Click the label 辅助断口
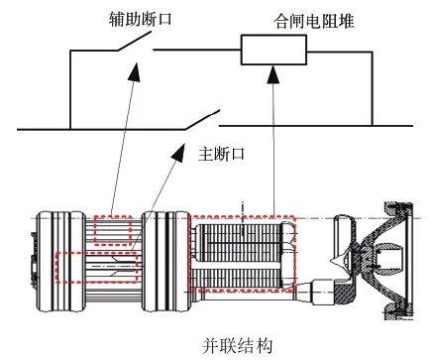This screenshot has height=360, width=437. tap(140, 19)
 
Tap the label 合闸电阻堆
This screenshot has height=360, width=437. tap(314, 22)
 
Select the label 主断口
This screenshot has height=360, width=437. tap(221, 154)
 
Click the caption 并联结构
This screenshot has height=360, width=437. tap(238, 345)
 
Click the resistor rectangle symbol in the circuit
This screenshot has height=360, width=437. tap(273, 50)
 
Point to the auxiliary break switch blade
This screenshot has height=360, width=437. tap(134, 42)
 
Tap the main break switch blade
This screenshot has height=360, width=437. tap(202, 120)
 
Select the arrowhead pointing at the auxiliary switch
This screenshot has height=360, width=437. tap(134, 71)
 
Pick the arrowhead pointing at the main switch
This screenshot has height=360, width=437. tap(178, 153)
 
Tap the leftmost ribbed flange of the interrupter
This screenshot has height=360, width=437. tap(60, 262)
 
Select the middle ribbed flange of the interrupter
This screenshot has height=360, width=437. tap(166, 262)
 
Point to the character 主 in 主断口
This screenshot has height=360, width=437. tap(205, 154)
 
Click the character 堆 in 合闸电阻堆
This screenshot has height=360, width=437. tap(346, 22)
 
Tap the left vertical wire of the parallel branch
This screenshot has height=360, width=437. tap(70, 89)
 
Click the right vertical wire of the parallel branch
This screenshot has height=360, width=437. tap(373, 88)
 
